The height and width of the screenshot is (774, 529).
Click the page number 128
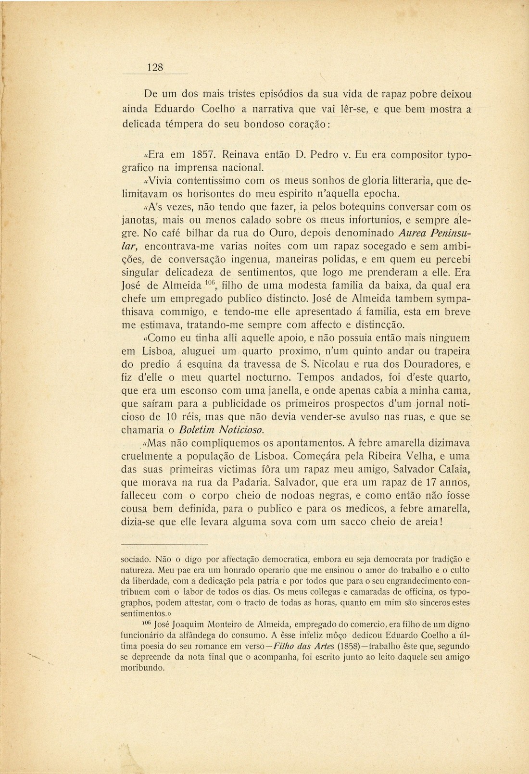[x=155, y=67]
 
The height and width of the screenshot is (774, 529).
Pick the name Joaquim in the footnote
[x=191, y=624]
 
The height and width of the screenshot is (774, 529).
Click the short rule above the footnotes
[x=164, y=544]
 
